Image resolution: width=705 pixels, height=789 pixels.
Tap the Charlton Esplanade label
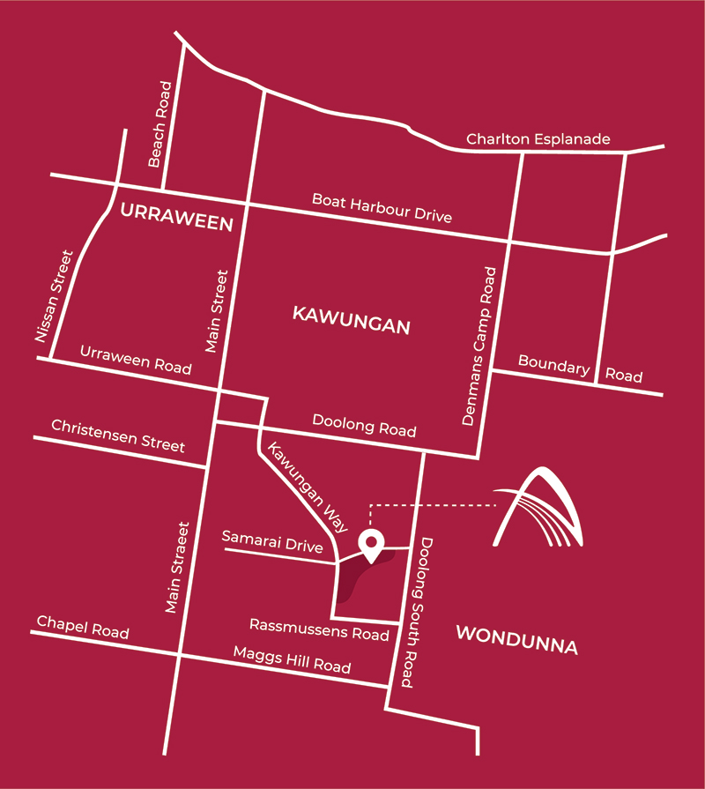point(538,140)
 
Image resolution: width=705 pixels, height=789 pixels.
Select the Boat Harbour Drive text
point(382,208)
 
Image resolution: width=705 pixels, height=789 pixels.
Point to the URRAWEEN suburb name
point(176,217)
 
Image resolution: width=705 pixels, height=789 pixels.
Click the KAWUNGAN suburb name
point(351,320)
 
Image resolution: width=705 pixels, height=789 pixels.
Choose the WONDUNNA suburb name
point(517,640)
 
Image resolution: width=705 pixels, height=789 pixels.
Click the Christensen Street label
point(118,435)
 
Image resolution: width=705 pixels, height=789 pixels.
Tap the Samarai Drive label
point(272,540)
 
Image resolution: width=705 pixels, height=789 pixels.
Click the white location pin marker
point(372,546)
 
